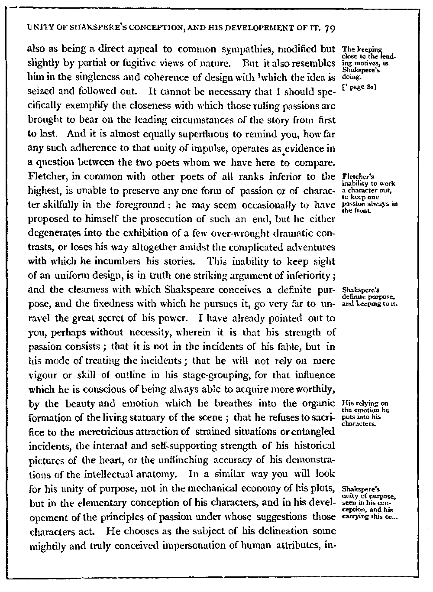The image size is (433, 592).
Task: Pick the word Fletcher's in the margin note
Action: pos(355,176)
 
